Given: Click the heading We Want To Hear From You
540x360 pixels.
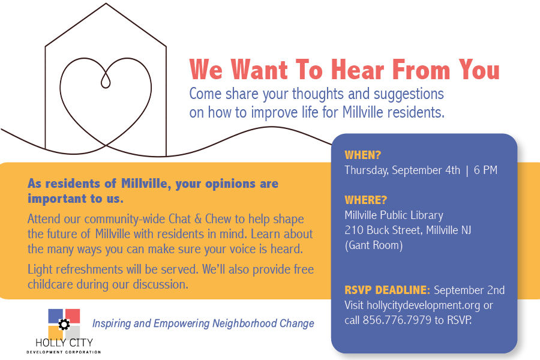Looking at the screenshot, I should coord(344,70).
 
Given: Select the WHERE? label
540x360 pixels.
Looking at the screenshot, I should coord(366,200).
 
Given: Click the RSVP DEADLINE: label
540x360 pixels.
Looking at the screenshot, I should coord(387,290).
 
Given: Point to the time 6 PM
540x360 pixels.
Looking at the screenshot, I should coord(485,170).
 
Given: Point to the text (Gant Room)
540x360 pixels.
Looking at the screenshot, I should coord(373,245).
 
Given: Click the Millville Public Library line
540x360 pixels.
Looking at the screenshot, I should coord(394,215).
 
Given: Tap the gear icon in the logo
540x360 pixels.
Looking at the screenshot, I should coord(64,325).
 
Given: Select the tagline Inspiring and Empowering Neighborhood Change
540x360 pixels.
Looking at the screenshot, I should coord(203,323).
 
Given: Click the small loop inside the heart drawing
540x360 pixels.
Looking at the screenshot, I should coord(107,80).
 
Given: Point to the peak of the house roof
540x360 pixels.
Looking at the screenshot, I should coord(106,4).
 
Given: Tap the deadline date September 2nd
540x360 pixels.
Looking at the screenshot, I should coord(469,290).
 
